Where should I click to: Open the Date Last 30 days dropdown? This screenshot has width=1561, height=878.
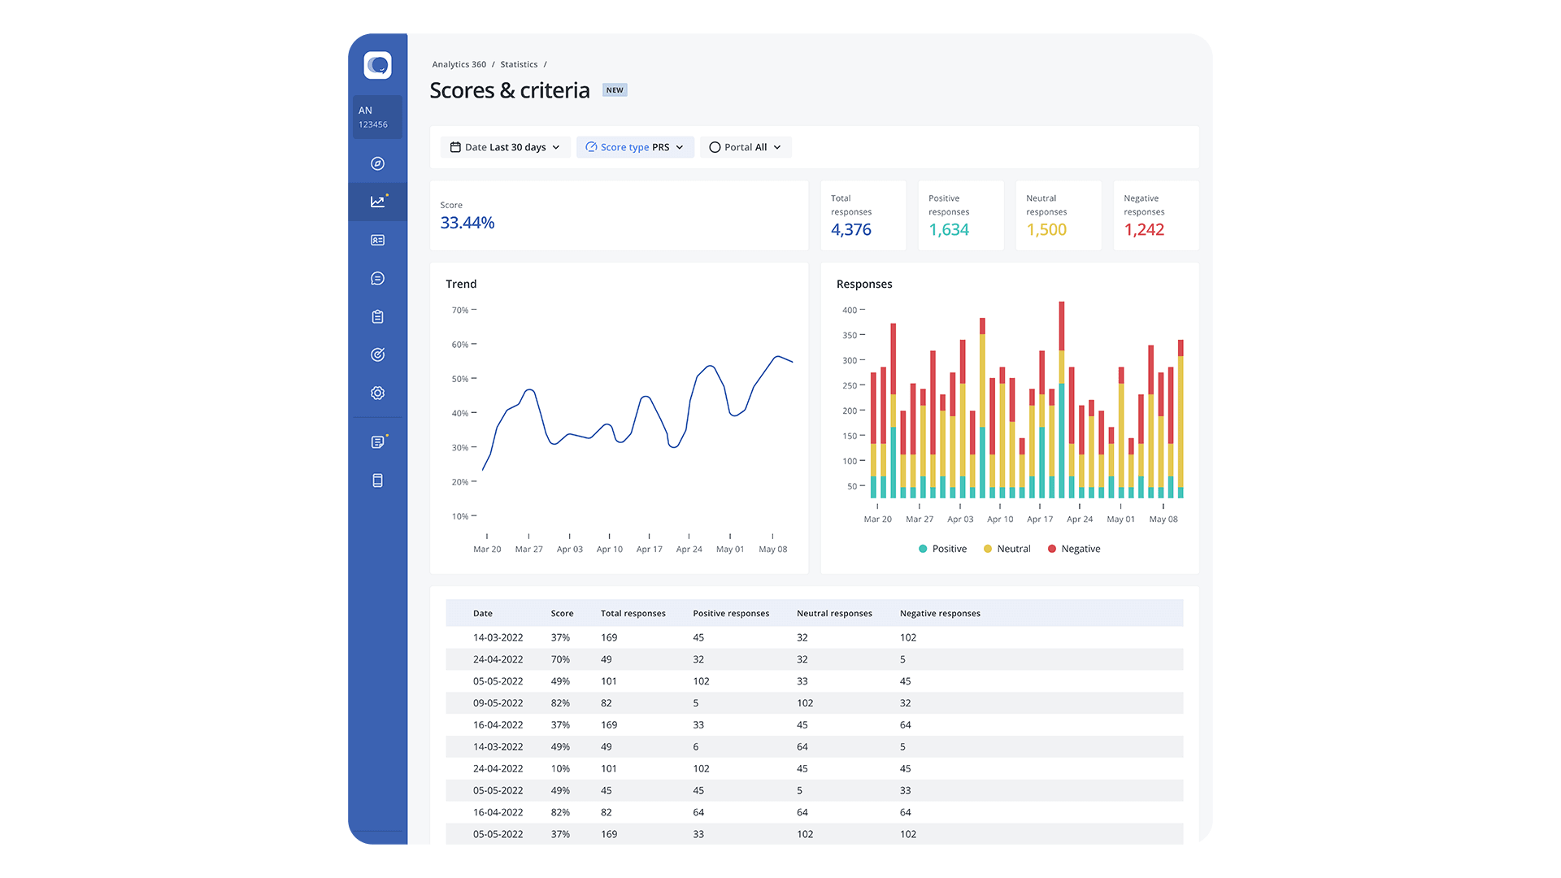pos(505,147)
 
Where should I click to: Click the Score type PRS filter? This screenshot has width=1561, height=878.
pos(635,147)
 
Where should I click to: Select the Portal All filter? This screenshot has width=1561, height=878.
pos(745,147)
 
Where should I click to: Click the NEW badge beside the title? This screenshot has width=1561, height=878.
pos(615,90)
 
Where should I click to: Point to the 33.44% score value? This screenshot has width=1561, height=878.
pos(467,223)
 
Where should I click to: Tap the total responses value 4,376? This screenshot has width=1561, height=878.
pos(851,230)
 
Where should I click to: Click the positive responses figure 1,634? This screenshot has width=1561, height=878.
pos(949,230)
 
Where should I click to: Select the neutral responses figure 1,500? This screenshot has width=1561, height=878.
pos(1046,230)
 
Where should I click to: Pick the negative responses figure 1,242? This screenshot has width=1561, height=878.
pos(1144,230)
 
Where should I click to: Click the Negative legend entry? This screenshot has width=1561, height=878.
pos(1074,549)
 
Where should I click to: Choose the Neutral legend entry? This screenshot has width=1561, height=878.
pos(1007,549)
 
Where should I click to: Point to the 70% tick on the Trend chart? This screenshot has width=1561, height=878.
pos(460,311)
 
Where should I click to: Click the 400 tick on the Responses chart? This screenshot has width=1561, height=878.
pos(850,311)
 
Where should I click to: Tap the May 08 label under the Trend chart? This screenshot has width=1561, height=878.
pos(772,550)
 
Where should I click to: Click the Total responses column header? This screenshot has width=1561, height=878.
pos(633,614)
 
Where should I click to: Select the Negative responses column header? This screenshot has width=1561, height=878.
pos(940,614)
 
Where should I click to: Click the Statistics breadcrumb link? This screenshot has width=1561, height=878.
pos(519,64)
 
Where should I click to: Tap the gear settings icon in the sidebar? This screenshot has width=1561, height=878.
pos(377,393)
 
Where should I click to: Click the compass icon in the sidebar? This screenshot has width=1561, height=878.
pos(377,163)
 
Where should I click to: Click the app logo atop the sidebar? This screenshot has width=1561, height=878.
pos(377,65)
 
